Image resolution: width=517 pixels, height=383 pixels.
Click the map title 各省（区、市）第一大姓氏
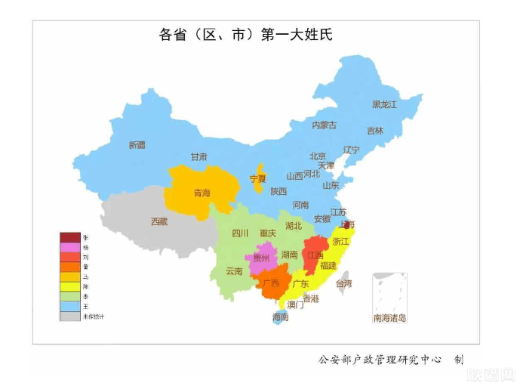245,36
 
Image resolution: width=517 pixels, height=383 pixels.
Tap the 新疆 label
137,144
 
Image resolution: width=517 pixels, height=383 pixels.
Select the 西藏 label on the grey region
159,221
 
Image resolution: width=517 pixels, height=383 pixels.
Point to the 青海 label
202,193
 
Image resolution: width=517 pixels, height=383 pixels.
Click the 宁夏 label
258,179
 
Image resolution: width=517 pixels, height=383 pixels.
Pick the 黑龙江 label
384,105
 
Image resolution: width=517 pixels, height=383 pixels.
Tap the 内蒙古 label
325,125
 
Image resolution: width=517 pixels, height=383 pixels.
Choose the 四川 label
240,233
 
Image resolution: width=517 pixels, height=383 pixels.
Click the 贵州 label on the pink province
261,258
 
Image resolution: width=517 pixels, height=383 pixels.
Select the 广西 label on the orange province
269,284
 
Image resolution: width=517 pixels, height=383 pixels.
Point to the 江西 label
315,255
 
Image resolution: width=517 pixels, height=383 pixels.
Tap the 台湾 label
343,284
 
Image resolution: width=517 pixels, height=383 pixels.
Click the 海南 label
280,318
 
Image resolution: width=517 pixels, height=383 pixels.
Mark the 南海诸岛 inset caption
389,318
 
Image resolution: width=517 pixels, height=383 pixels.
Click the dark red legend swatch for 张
69,237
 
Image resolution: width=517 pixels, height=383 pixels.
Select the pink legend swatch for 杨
69,247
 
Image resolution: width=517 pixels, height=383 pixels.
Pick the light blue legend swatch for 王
69,306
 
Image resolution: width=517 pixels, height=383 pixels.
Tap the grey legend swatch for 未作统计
69,316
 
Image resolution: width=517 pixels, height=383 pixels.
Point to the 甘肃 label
198,157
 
